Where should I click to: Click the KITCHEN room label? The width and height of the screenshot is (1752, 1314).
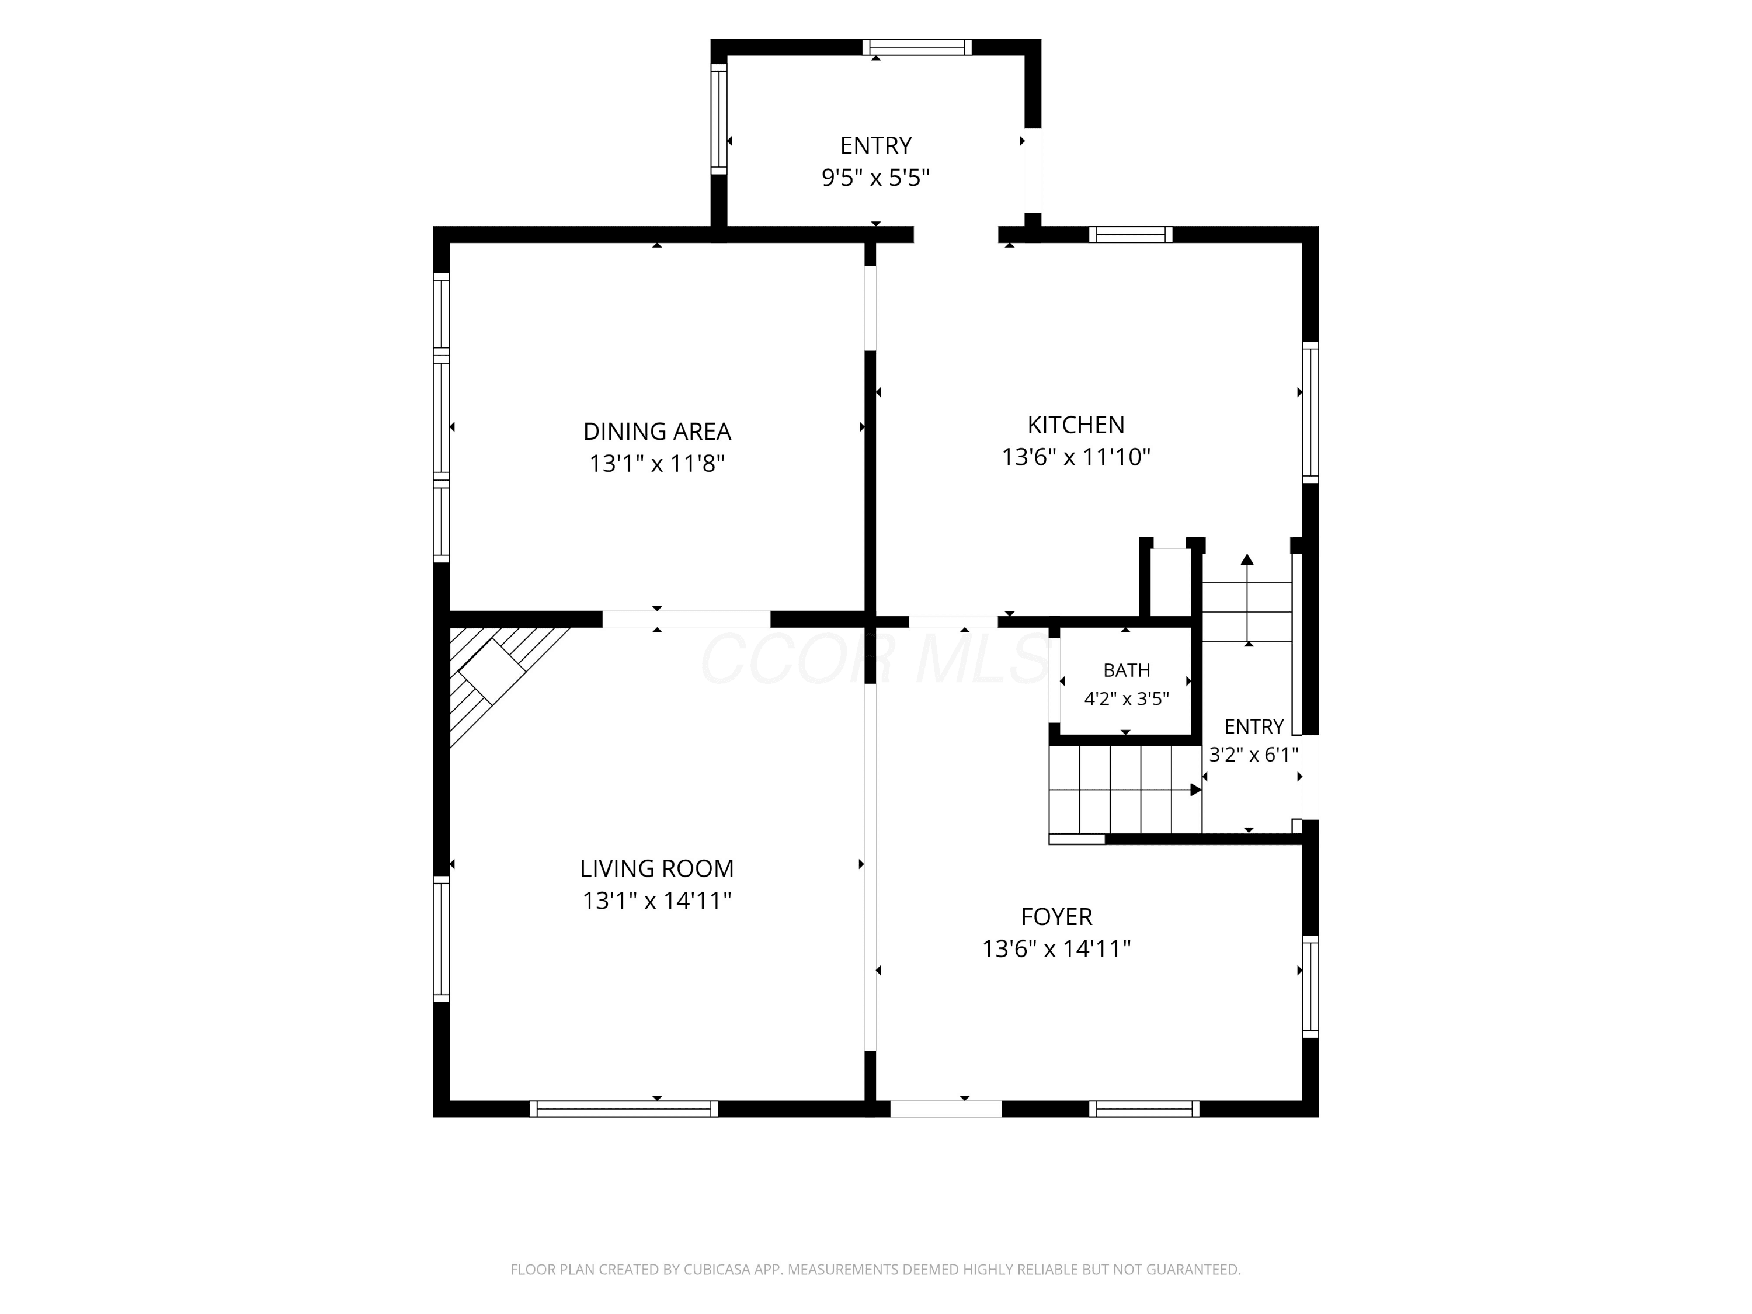(1076, 425)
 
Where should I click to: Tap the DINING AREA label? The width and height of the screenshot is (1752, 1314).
(656, 432)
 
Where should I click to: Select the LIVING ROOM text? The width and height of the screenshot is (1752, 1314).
(656, 869)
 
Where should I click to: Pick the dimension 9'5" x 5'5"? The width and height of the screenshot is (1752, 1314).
(875, 178)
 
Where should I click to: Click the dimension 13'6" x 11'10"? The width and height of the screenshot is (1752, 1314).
(1076, 457)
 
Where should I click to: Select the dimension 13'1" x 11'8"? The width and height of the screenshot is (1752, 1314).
(656, 463)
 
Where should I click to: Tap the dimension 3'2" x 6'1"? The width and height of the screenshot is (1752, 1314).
(1254, 755)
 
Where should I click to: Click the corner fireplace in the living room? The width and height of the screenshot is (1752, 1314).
(493, 672)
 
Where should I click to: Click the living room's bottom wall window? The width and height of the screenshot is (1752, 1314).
(624, 1109)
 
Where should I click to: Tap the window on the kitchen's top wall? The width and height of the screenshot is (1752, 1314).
(1130, 234)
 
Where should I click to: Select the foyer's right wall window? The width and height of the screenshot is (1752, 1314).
(1311, 987)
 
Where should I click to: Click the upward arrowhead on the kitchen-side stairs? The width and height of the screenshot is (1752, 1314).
(1247, 559)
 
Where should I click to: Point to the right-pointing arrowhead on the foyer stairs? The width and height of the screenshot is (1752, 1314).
(1196, 790)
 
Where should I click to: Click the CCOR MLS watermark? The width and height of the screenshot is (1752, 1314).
(875, 659)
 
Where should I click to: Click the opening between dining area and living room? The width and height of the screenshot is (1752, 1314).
(686, 620)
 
